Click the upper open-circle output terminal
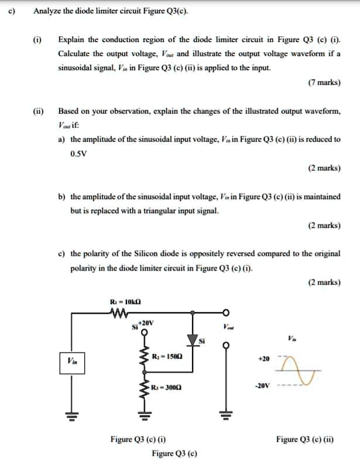coord(223,313)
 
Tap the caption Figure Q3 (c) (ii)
coord(304,438)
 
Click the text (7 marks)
coord(324,83)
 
